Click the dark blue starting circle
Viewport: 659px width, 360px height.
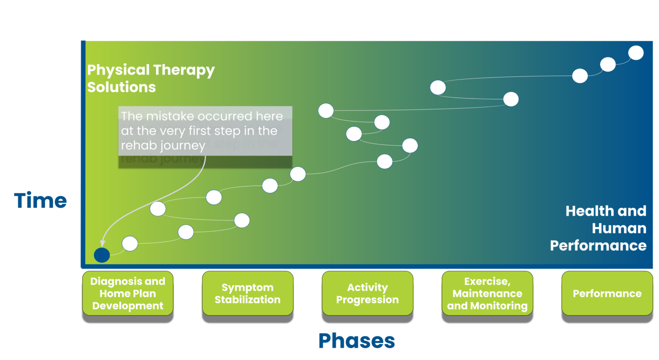(102, 255)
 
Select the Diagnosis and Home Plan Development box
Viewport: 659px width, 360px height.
(127, 293)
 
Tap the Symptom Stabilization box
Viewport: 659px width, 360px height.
(248, 293)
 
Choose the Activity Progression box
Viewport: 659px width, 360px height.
(367, 293)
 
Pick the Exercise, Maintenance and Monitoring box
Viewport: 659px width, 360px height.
(487, 293)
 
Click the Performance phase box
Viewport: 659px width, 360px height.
(607, 293)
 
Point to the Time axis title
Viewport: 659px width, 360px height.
(40, 200)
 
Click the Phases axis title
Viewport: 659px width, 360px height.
(357, 341)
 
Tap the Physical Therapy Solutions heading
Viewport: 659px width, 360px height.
(151, 78)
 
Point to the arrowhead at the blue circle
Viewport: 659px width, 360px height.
(103, 245)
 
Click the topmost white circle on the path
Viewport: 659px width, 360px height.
(636, 53)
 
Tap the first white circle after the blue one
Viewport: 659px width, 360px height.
(130, 243)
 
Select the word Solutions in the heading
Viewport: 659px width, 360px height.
(121, 87)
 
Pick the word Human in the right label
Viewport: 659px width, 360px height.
(619, 228)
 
